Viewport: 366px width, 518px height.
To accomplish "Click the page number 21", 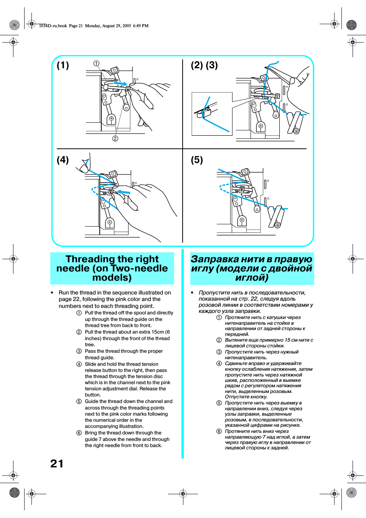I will [x=57, y=464].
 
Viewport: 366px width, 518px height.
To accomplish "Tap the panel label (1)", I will [x=63, y=65].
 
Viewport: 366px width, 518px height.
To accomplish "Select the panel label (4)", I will [x=63, y=160].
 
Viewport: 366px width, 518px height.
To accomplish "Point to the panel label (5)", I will [x=197, y=160].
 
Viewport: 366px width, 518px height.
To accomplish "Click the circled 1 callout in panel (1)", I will [x=96, y=63].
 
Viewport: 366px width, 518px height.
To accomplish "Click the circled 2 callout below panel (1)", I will [x=115, y=138].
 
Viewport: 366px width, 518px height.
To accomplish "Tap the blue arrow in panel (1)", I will [x=120, y=83].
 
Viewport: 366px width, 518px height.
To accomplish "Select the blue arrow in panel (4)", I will [x=124, y=192].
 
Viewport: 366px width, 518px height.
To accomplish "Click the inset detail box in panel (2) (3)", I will [x=212, y=114].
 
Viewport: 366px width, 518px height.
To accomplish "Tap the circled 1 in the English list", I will [x=79, y=313].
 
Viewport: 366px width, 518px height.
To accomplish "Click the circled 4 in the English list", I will [x=79, y=364].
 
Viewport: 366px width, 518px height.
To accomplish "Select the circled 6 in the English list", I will [x=79, y=433].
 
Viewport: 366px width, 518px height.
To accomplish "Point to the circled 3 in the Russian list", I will [x=219, y=352].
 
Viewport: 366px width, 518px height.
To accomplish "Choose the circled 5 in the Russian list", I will [x=219, y=403].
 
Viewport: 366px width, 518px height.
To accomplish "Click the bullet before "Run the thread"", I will [x=52, y=293].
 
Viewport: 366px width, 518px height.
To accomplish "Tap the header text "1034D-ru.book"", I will [x=53, y=26].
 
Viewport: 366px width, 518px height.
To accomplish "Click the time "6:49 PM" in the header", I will [x=141, y=26].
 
